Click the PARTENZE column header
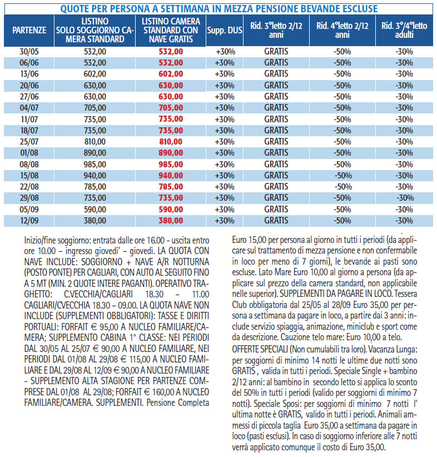click(x=29, y=31)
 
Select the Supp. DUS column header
click(x=225, y=31)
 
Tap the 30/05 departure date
click(x=29, y=52)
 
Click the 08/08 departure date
click(x=29, y=165)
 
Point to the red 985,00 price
click(x=171, y=165)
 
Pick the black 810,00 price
click(x=95, y=142)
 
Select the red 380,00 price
click(x=171, y=221)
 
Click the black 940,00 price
click(x=95, y=176)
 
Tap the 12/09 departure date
click(x=29, y=221)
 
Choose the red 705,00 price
click(x=171, y=108)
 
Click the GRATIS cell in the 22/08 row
click(x=276, y=187)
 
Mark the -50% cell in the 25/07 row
click(x=342, y=142)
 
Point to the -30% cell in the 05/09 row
click(x=404, y=209)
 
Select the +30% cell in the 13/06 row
click(x=225, y=74)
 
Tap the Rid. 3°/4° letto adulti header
click(x=404, y=31)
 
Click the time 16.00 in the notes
click(x=156, y=240)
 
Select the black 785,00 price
click(x=95, y=187)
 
